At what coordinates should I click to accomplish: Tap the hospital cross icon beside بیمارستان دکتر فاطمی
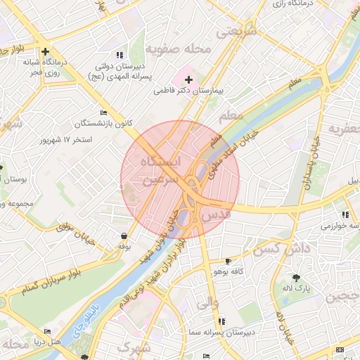188,80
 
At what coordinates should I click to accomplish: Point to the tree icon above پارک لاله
296,277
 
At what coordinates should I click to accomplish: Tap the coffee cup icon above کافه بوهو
227,261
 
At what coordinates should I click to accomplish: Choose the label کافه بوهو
227,271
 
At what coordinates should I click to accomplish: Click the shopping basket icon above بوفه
124,236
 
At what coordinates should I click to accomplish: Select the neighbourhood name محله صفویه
179,49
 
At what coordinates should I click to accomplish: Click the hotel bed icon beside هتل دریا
47,331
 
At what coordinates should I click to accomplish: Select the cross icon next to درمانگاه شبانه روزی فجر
46,51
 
